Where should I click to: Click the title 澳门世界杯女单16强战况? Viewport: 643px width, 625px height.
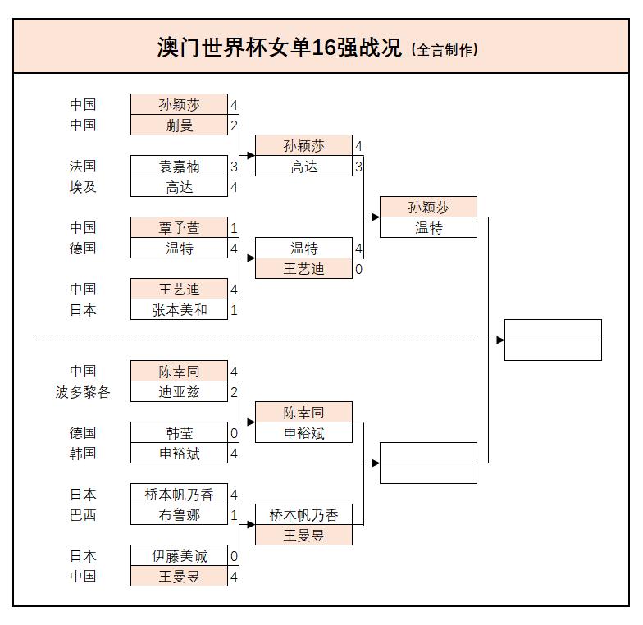(x=280, y=47)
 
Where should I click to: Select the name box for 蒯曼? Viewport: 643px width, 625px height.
(x=179, y=125)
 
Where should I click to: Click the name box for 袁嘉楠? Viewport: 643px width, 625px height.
(x=179, y=166)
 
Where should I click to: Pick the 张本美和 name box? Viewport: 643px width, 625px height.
(x=179, y=309)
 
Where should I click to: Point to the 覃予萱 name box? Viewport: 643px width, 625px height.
(x=179, y=227)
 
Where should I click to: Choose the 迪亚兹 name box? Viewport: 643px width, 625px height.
(x=179, y=392)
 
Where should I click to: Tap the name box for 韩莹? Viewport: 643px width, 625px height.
(x=179, y=433)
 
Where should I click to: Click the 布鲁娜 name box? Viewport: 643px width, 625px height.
(x=179, y=515)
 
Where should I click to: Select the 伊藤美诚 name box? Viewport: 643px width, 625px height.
(x=179, y=556)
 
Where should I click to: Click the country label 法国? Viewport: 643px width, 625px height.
(x=83, y=166)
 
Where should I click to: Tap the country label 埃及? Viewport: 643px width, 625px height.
(x=83, y=186)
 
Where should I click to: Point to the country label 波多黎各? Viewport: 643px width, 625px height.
(x=83, y=392)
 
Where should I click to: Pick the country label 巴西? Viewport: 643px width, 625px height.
(x=83, y=515)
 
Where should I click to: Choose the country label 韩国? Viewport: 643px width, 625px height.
(x=83, y=454)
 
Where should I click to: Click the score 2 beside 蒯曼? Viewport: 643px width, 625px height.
(x=234, y=125)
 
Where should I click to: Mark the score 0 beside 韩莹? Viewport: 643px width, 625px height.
(x=234, y=433)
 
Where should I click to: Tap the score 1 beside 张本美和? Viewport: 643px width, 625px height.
(x=234, y=310)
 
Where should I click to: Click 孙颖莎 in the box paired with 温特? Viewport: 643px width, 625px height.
(x=428, y=207)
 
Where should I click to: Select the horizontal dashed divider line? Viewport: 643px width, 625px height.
(x=254, y=340)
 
